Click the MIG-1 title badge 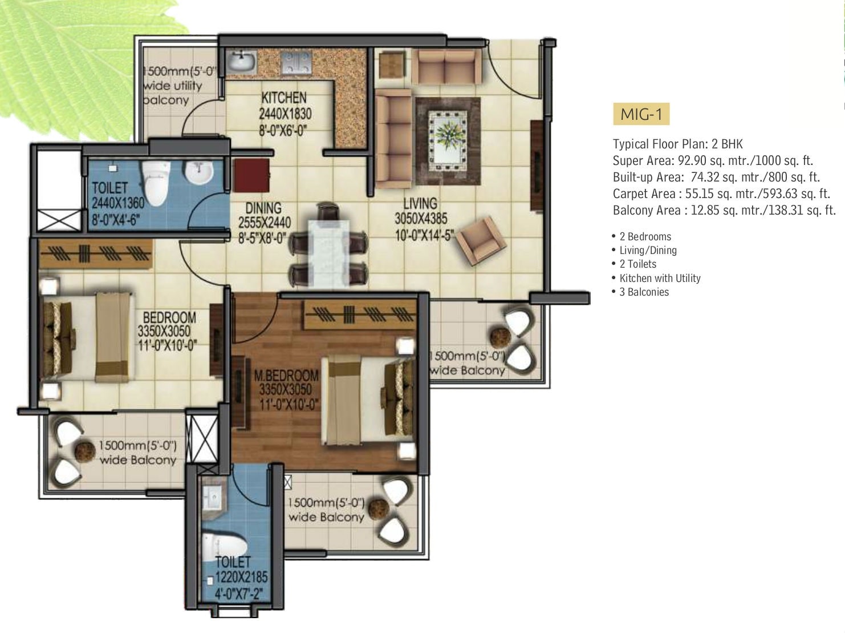[641, 114]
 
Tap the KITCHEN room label [284, 98]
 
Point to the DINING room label [263, 208]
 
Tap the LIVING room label [420, 203]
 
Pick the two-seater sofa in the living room [446, 66]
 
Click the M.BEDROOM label [286, 376]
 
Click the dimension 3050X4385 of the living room [421, 219]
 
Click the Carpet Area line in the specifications [721, 193]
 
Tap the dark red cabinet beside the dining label [251, 175]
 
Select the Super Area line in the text [713, 160]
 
